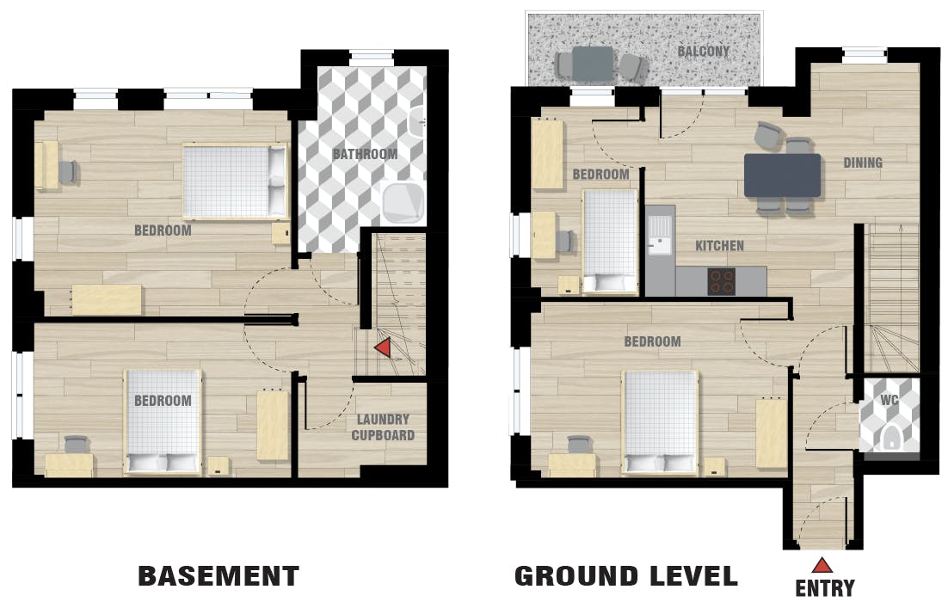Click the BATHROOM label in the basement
365,154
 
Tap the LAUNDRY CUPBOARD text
383,427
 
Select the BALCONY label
703,52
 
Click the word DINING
863,163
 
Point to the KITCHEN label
719,246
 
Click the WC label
889,400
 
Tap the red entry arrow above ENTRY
822,565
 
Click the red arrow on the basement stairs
382,348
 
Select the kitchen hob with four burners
721,281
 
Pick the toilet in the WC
890,438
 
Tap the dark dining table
782,175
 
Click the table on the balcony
593,64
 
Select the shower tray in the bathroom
403,201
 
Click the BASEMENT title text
219,576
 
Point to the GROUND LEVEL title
625,576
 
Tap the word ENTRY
825,588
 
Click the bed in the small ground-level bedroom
610,242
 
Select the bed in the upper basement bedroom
235,181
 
